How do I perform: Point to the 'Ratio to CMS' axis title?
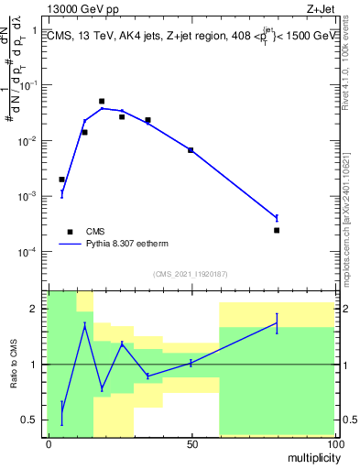point(14,365)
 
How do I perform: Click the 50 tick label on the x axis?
point(191,444)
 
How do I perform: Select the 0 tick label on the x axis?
point(49,444)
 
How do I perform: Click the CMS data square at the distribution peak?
point(102,102)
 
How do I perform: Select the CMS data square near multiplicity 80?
point(277,230)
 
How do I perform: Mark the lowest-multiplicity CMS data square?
point(61,180)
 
